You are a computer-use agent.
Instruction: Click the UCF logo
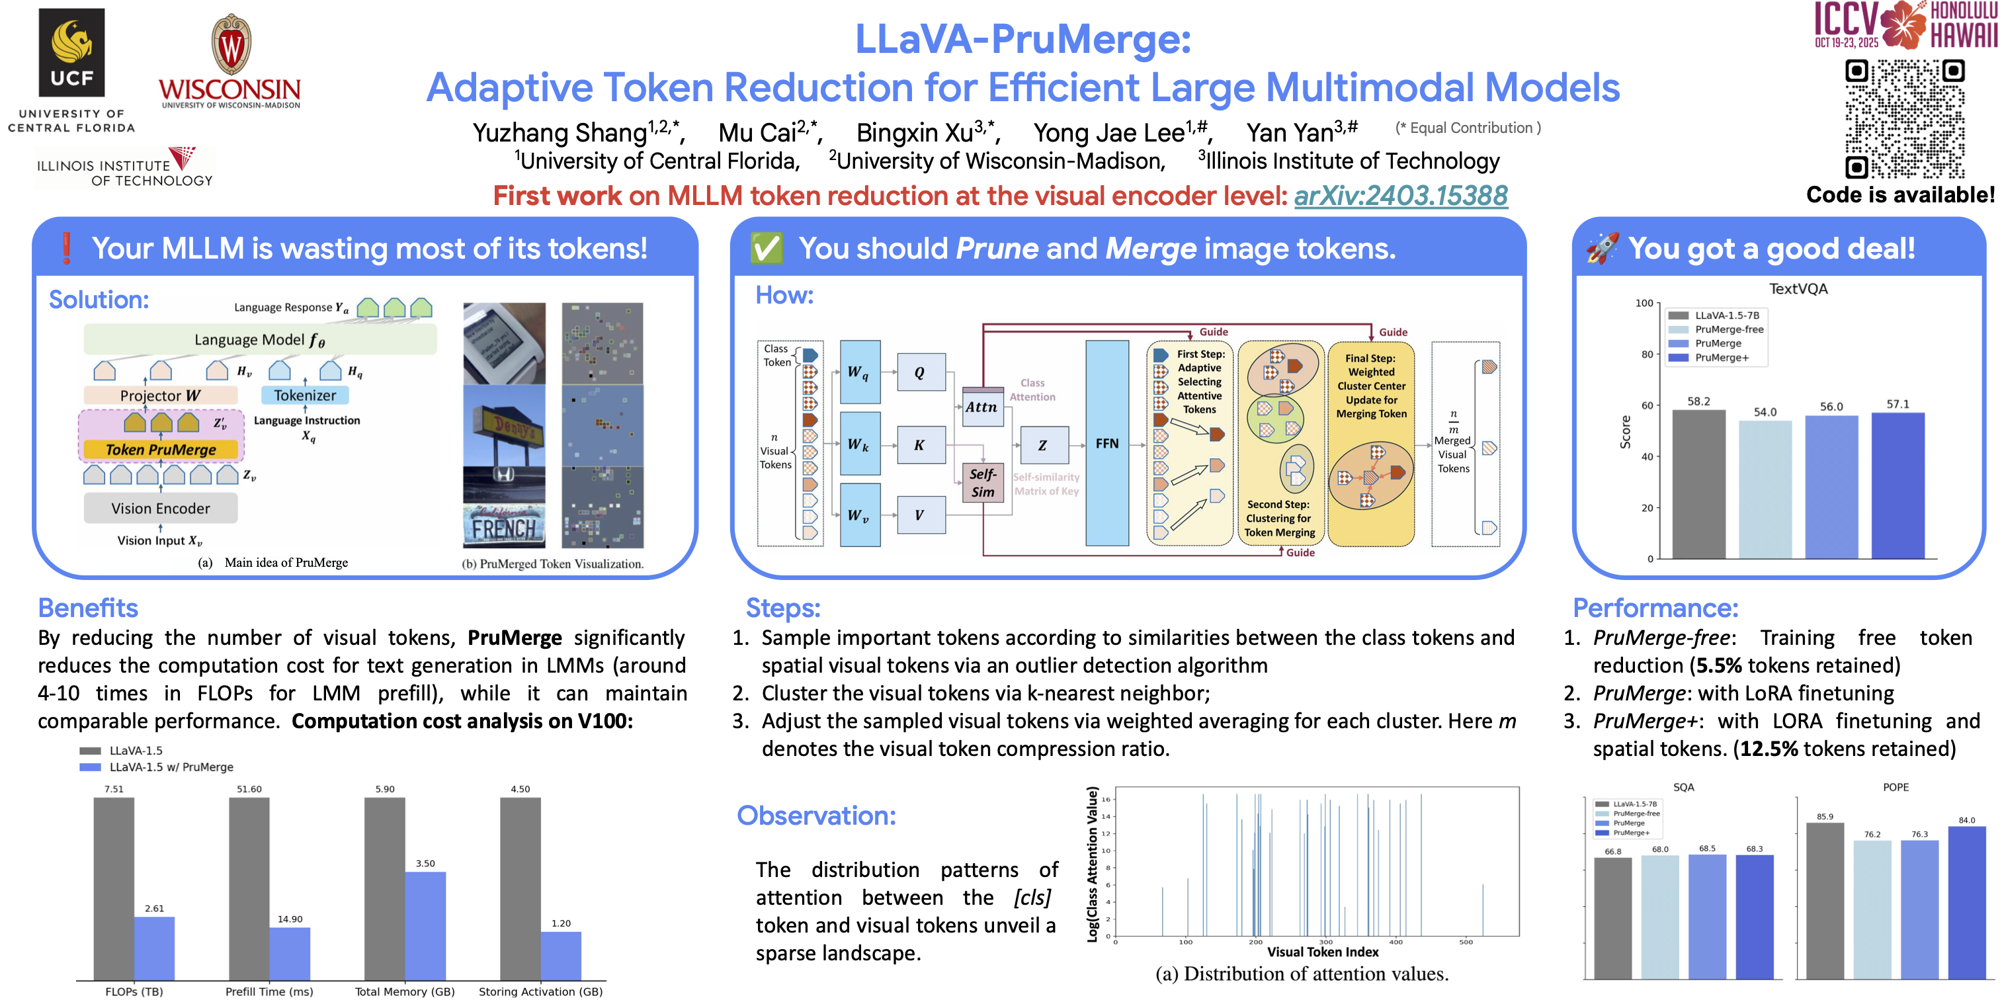(71, 52)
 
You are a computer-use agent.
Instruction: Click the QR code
(1905, 118)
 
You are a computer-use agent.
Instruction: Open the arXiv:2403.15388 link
(1400, 196)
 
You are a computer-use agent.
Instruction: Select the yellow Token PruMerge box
(161, 450)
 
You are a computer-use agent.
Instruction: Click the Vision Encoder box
(161, 509)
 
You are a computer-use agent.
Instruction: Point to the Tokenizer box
(305, 396)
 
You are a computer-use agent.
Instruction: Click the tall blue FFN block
(1106, 443)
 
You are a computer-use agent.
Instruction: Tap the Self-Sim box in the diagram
(982, 482)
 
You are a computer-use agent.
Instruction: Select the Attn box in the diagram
(981, 407)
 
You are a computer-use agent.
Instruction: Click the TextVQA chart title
(1798, 289)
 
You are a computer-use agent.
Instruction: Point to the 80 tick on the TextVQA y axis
(1647, 354)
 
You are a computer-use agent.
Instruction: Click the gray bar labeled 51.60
(249, 888)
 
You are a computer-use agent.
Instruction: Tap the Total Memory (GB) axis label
(405, 991)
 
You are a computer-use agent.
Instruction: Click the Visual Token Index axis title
(1322, 952)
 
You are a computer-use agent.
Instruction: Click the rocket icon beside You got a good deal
(1602, 249)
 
